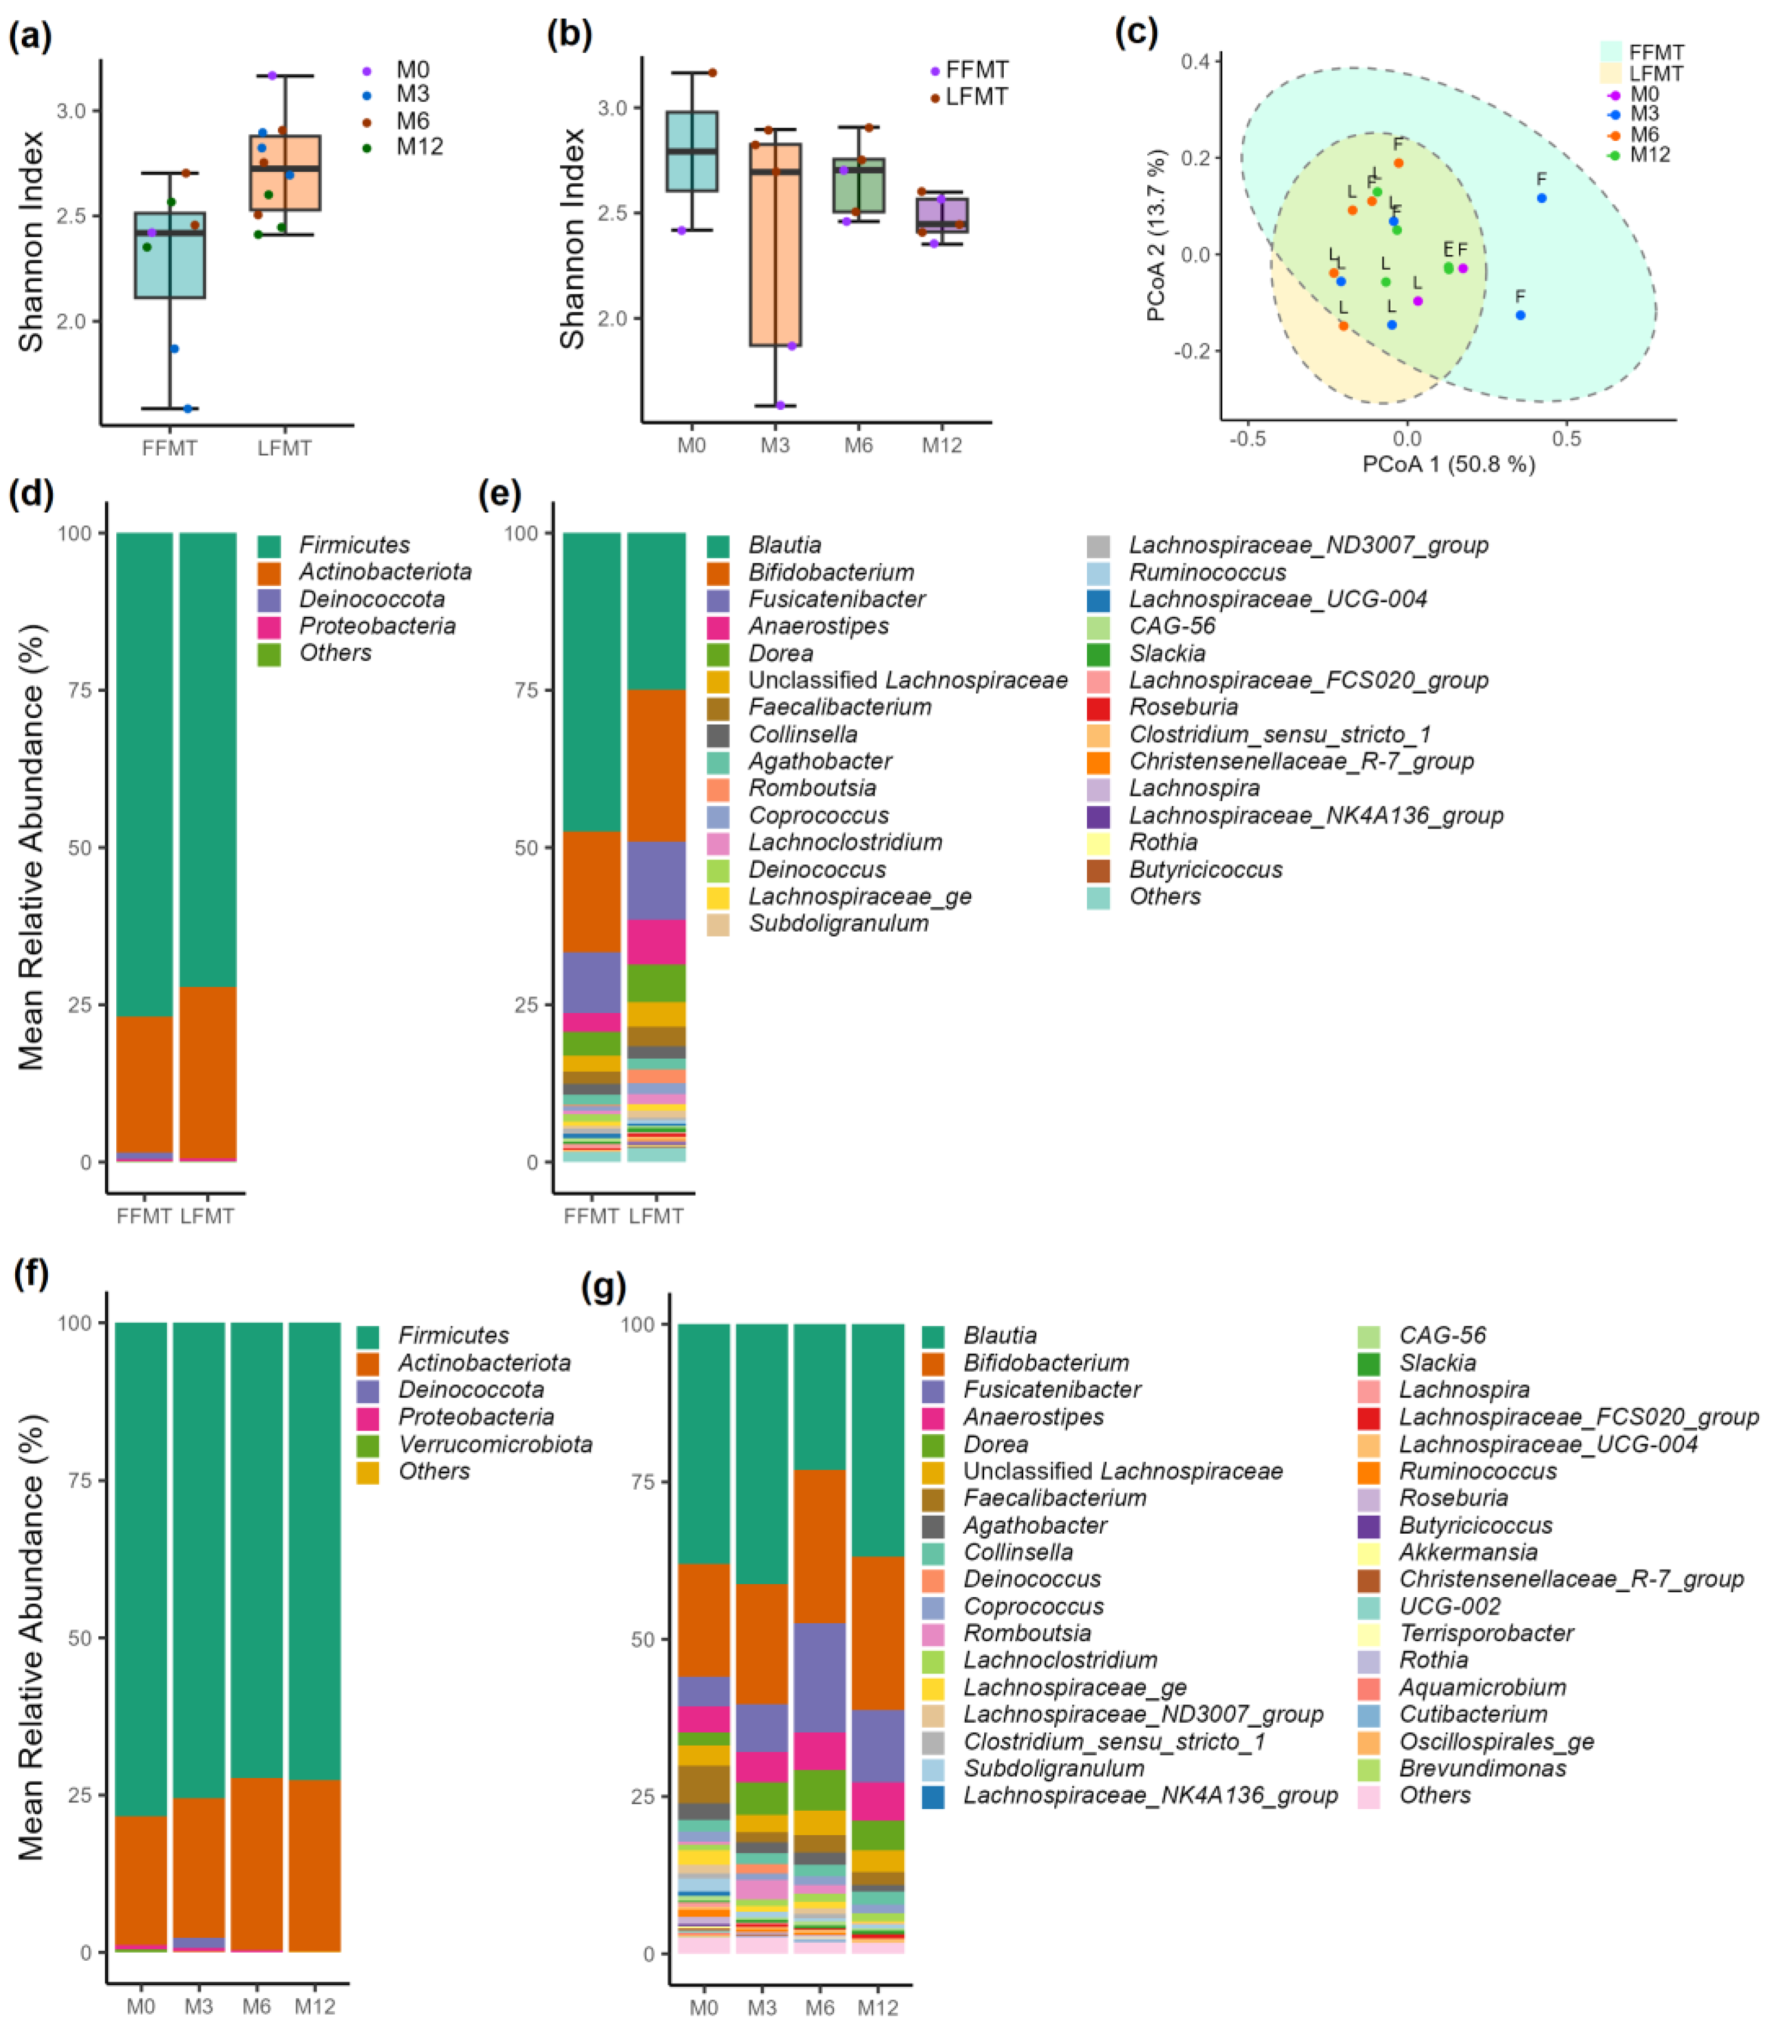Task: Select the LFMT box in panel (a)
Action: [x=284, y=173]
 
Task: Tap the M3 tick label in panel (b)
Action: [x=775, y=445]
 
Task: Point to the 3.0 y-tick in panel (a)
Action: [x=71, y=110]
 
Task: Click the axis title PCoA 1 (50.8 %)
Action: [x=1448, y=464]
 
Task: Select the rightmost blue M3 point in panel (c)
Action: [x=1541, y=198]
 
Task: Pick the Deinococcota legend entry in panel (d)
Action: [x=371, y=599]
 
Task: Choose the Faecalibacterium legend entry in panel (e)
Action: [x=839, y=707]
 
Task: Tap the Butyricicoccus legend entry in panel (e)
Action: [x=1205, y=869]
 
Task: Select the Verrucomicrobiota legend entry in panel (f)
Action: [x=495, y=1444]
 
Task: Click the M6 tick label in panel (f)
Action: [x=257, y=2006]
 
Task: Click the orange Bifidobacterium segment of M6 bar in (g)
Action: [x=820, y=1546]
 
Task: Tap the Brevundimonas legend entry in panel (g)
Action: [x=1482, y=1768]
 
